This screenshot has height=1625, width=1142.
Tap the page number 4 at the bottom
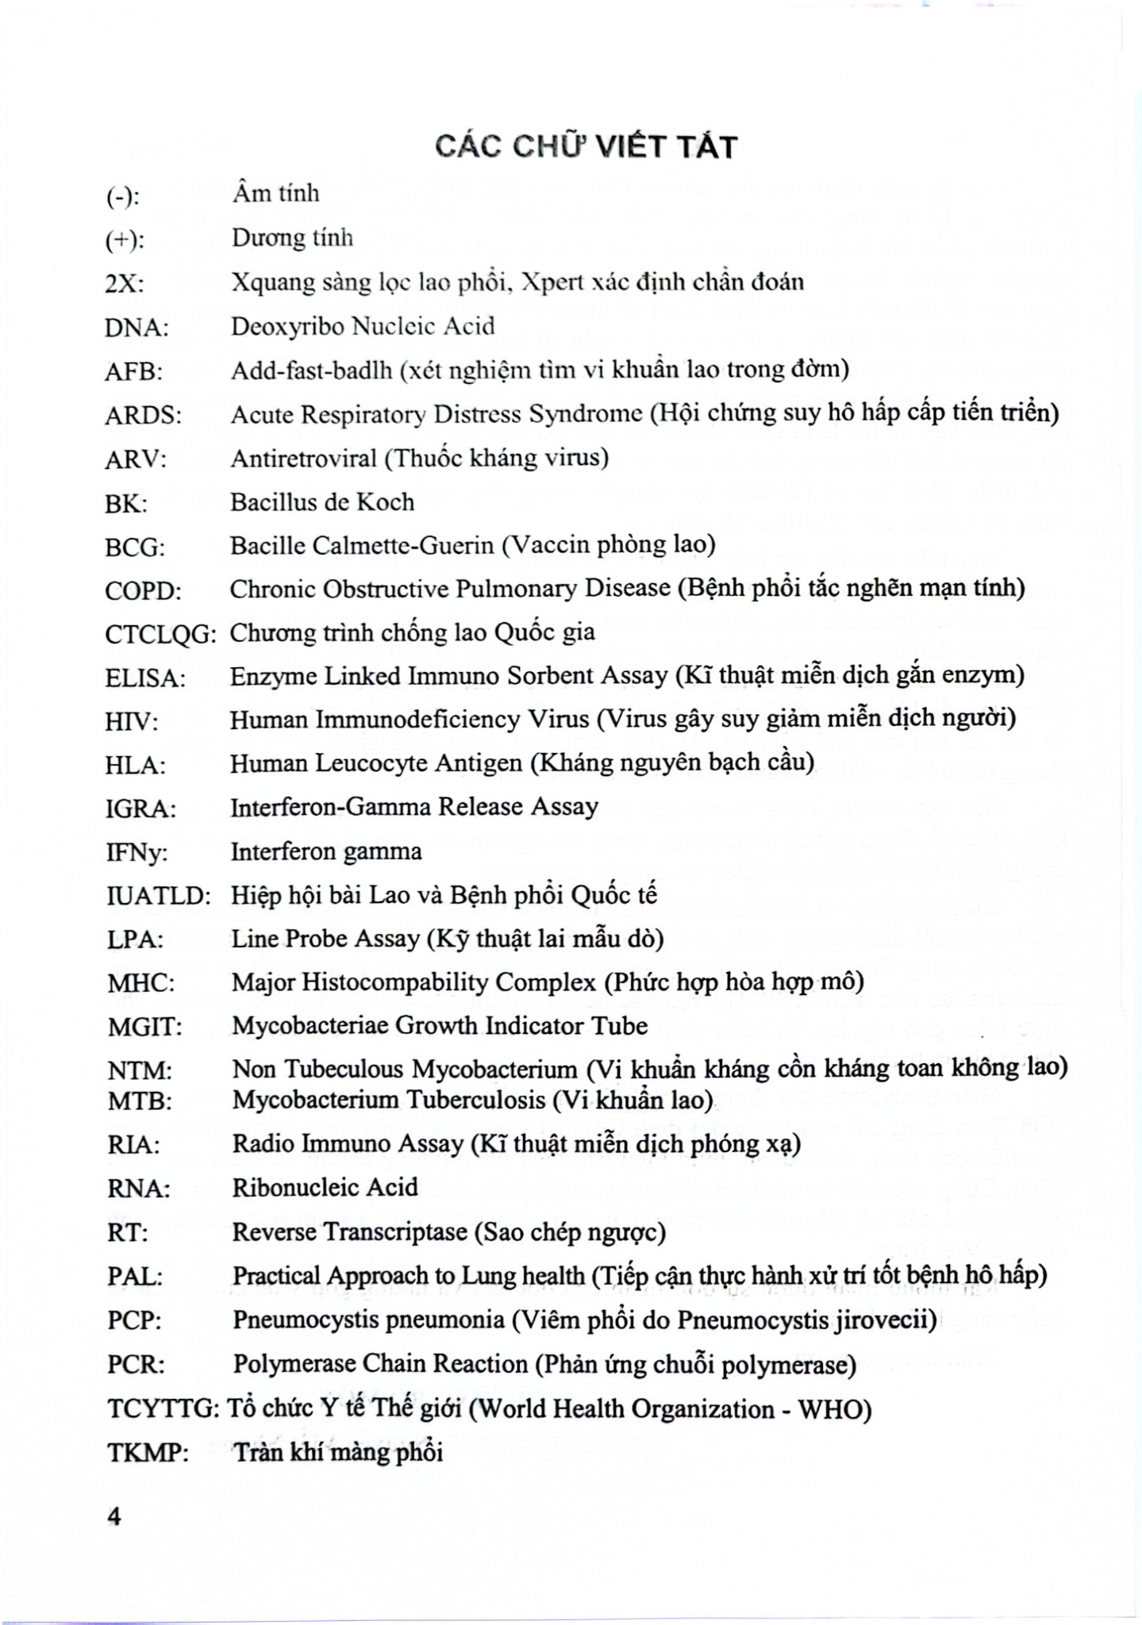[x=114, y=1516]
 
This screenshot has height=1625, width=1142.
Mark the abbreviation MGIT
[x=145, y=1028]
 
